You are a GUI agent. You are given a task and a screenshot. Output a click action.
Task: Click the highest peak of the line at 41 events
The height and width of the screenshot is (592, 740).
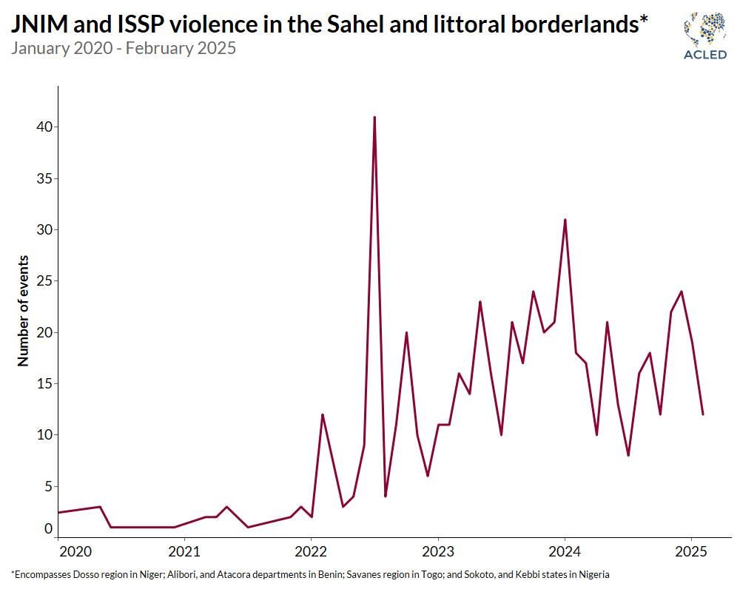click(374, 117)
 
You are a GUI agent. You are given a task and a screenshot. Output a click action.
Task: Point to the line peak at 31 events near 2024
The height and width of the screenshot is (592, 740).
click(565, 220)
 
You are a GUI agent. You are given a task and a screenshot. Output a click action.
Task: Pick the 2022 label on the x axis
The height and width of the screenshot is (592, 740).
click(311, 552)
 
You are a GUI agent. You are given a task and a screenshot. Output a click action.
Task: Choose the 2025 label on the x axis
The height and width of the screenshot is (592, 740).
click(691, 552)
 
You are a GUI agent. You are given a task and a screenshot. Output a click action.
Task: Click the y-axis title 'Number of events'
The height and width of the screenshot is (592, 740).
click(24, 311)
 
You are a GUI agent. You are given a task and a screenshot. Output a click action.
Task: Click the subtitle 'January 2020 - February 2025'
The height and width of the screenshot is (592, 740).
click(124, 49)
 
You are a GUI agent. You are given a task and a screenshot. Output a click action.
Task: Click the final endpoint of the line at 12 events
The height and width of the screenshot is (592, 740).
click(702, 414)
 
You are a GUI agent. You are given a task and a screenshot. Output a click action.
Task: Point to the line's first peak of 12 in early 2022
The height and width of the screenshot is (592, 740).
click(322, 414)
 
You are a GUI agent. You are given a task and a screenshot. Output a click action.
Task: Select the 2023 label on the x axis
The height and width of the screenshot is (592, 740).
click(438, 552)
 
